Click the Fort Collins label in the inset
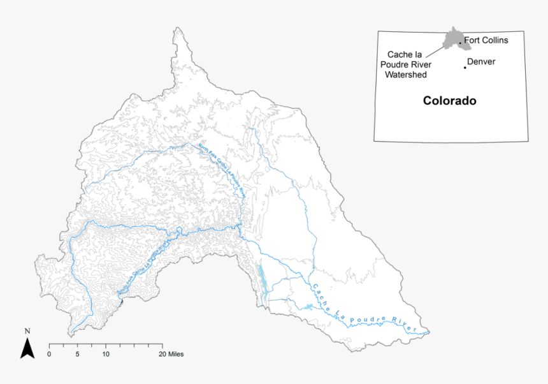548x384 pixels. [x=486, y=40]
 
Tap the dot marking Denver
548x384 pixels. [x=465, y=67]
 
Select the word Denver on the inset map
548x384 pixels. [x=481, y=62]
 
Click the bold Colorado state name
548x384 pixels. [x=450, y=101]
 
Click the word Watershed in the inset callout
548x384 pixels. [x=406, y=74]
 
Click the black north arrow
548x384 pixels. [x=27, y=348]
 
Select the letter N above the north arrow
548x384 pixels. [x=27, y=331]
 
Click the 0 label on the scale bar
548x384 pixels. [x=50, y=353]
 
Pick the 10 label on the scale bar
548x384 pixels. [x=106, y=353]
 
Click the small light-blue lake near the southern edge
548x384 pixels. [x=307, y=307]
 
